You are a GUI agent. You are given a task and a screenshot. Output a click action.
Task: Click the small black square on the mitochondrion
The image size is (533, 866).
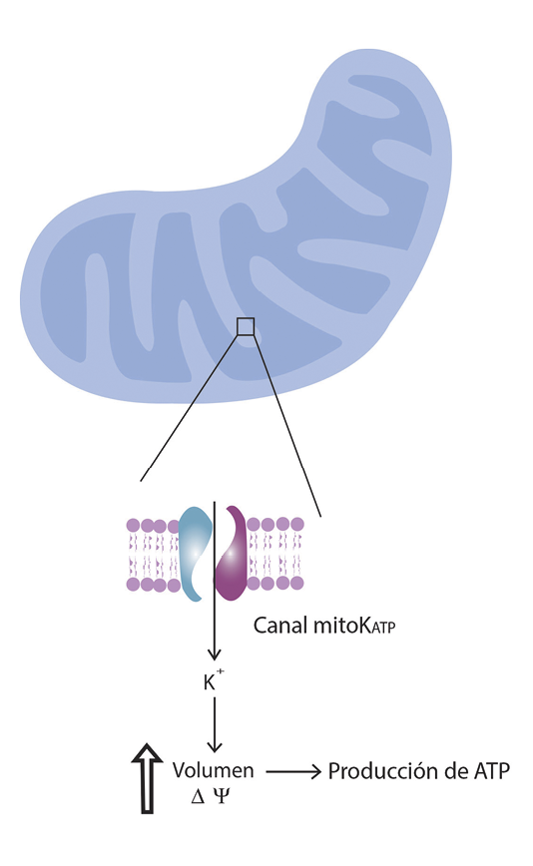246,326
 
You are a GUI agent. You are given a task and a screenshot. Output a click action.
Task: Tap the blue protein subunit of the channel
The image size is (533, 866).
195,554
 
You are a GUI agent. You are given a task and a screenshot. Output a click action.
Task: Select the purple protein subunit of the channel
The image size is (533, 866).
233,554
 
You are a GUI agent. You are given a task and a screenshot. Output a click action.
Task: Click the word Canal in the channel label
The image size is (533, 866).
280,626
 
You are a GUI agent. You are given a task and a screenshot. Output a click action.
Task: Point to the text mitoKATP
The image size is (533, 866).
354,626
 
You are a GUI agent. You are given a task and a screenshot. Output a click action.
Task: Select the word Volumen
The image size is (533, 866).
214,770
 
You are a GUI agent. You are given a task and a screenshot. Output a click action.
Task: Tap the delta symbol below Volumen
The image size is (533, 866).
198,796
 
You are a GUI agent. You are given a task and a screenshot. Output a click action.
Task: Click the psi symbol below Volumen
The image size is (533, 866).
221,796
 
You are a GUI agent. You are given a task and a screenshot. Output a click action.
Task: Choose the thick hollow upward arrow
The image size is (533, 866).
147,779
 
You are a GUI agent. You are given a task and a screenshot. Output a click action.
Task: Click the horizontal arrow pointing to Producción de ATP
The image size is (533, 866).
293,771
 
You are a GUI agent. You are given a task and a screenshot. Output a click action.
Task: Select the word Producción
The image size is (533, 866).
380,770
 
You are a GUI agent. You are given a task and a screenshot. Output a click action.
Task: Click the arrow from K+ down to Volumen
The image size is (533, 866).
215,724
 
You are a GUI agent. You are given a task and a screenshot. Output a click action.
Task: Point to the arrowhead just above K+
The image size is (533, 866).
215,655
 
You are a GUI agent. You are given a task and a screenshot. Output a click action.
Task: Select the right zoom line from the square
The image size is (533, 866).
287,426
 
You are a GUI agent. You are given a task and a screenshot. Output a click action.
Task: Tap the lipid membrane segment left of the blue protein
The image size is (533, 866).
153,554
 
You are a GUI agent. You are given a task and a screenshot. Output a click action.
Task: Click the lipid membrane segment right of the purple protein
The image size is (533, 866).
275,554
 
